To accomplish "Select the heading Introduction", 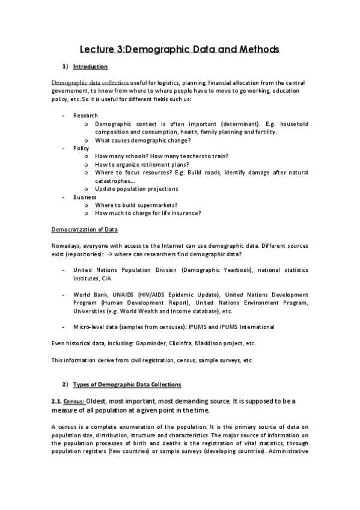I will click(94, 66).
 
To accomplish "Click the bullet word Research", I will click(85, 115).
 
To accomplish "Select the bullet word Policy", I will click(81, 147).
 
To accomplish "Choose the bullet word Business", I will click(84, 197).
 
